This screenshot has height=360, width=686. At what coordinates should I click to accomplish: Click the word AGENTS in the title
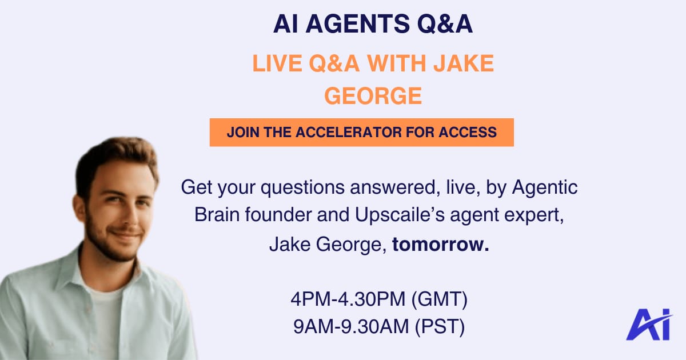357,24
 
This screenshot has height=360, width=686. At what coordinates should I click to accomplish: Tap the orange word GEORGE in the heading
373,96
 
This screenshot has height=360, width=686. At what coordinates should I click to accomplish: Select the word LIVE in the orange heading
277,63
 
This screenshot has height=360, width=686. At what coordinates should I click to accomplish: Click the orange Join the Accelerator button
362,132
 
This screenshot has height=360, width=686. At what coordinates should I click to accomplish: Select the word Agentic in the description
545,187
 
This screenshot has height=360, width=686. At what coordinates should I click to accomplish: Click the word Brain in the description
217,215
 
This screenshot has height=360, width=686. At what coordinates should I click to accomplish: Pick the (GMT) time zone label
440,299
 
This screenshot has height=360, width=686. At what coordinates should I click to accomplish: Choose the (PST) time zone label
440,327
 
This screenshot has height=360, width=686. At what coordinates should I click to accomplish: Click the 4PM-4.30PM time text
348,299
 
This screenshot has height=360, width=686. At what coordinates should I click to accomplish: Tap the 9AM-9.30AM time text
351,327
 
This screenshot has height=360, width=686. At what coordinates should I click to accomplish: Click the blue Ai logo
649,325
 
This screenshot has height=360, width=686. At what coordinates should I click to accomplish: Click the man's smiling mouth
126,234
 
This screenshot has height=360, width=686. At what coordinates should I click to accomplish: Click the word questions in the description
302,187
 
